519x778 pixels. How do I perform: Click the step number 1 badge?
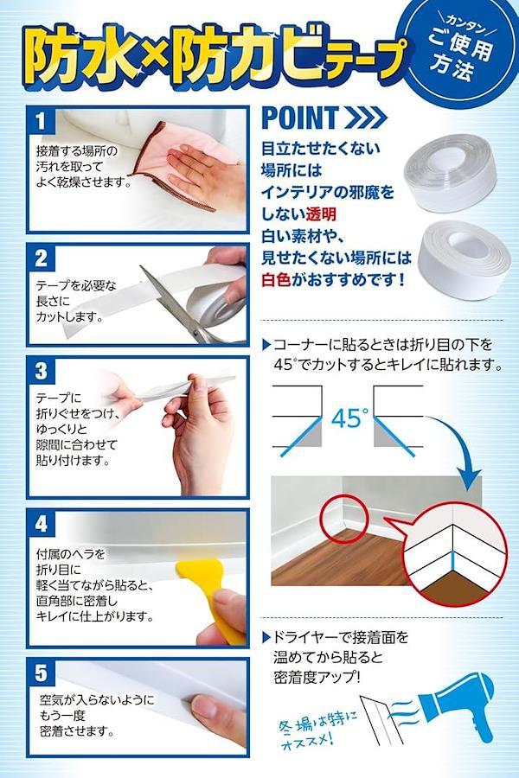(41, 121)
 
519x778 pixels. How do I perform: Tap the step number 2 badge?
(42, 258)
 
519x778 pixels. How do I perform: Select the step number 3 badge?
(42, 371)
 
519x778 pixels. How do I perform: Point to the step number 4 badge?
(42, 524)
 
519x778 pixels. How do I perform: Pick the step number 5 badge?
(42, 673)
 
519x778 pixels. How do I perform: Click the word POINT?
(300, 118)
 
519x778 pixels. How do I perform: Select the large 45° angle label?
(349, 418)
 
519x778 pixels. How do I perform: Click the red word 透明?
(321, 214)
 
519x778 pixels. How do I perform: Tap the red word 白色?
(276, 280)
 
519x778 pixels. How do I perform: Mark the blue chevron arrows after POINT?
(366, 118)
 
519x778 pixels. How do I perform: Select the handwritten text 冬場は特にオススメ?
(318, 730)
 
